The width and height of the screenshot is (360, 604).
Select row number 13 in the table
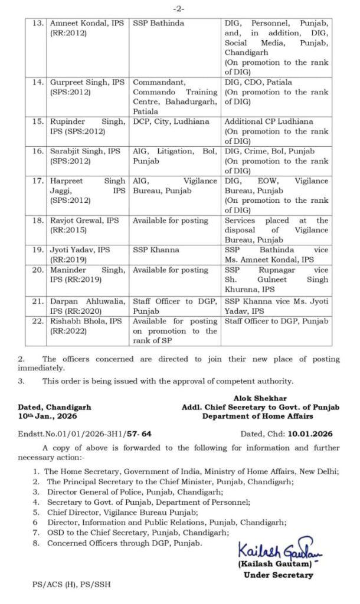pyautogui.click(x=38, y=23)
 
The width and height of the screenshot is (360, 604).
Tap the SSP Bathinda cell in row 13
pyautogui.click(x=158, y=23)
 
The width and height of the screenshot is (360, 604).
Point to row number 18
pyautogui.click(x=38, y=221)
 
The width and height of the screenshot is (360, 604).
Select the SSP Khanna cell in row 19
pyautogui.click(x=156, y=250)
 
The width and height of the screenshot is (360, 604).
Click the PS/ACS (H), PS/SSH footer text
pyautogui.click(x=71, y=585)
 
